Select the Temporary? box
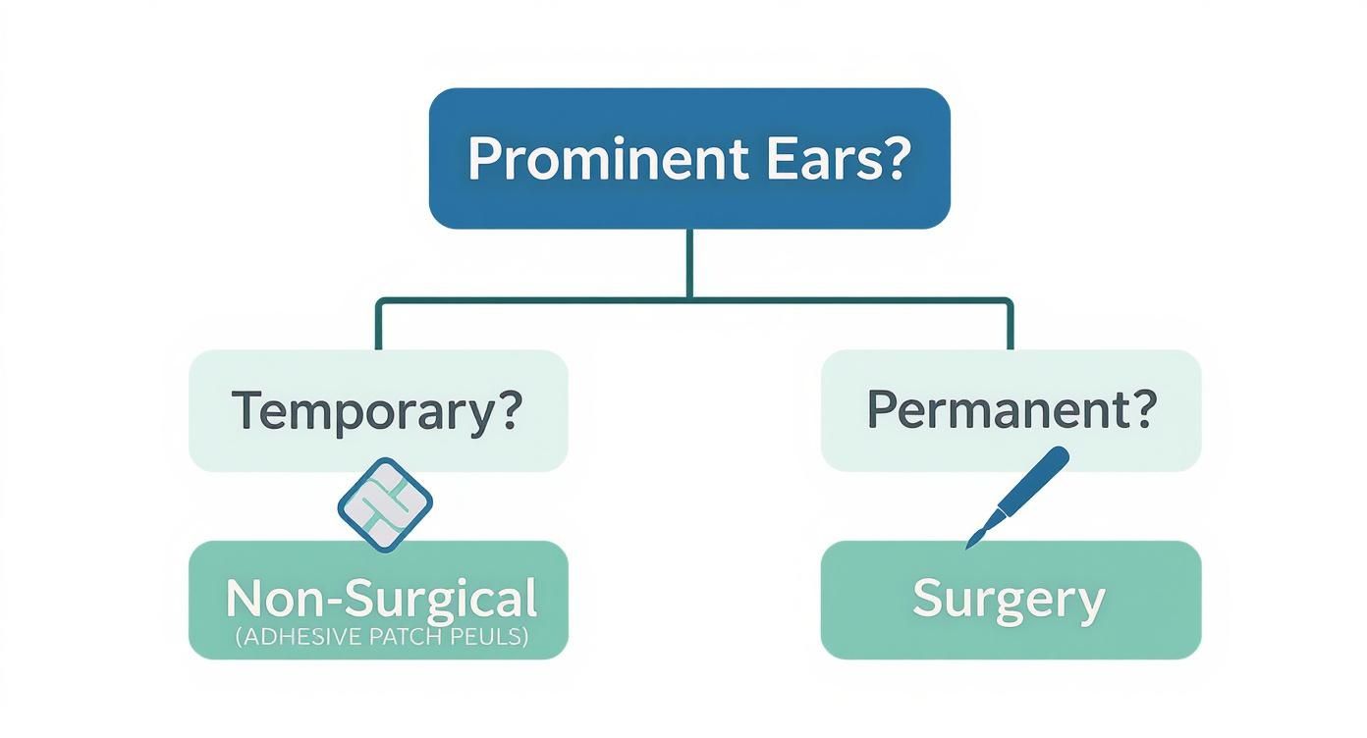coord(377,411)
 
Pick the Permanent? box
coord(1011,411)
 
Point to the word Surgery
coord(1009,599)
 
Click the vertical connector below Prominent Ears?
coord(690,262)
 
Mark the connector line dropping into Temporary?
coord(378,325)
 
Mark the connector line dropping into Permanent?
coord(1010,325)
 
